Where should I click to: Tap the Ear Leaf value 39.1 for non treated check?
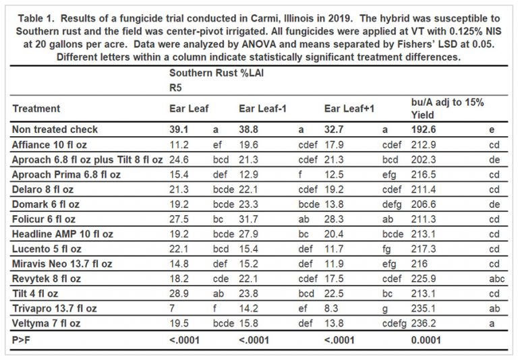coord(178,129)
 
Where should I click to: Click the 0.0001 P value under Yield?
coord(426,339)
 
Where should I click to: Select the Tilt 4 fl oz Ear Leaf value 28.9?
coord(178,293)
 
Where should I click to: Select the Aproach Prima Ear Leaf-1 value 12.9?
coord(248,174)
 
